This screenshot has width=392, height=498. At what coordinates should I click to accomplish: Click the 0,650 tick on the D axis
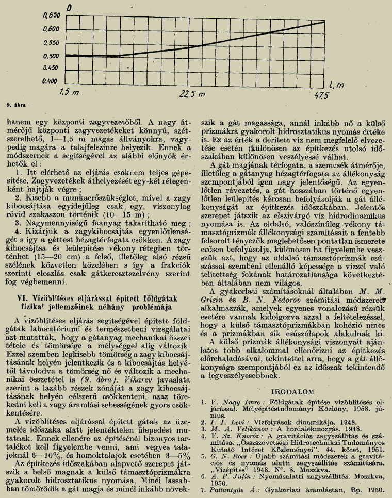53,16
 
